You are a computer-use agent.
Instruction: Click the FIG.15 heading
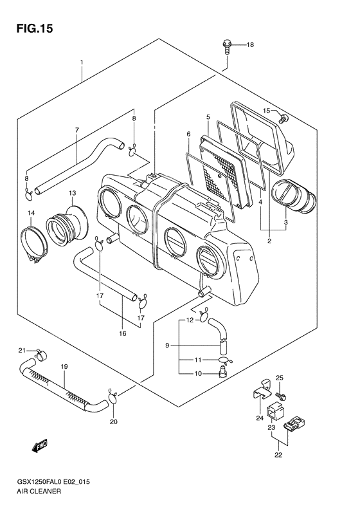(x=34, y=28)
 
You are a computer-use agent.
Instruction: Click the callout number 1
(x=82, y=62)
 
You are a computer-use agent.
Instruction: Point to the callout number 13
(x=72, y=193)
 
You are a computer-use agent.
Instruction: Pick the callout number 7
(x=77, y=130)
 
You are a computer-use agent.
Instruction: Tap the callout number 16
(x=122, y=333)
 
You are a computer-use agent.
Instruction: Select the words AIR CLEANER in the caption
(x=39, y=491)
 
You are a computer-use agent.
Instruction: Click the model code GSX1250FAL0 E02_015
(x=53, y=482)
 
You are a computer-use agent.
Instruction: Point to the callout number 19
(x=64, y=367)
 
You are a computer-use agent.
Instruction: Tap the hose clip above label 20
(x=113, y=396)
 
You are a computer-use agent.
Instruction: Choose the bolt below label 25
(x=280, y=396)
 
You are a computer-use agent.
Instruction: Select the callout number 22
(x=278, y=455)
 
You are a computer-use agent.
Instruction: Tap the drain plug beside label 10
(x=222, y=371)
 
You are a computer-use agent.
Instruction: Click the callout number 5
(x=208, y=117)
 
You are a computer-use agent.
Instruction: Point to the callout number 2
(x=269, y=241)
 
